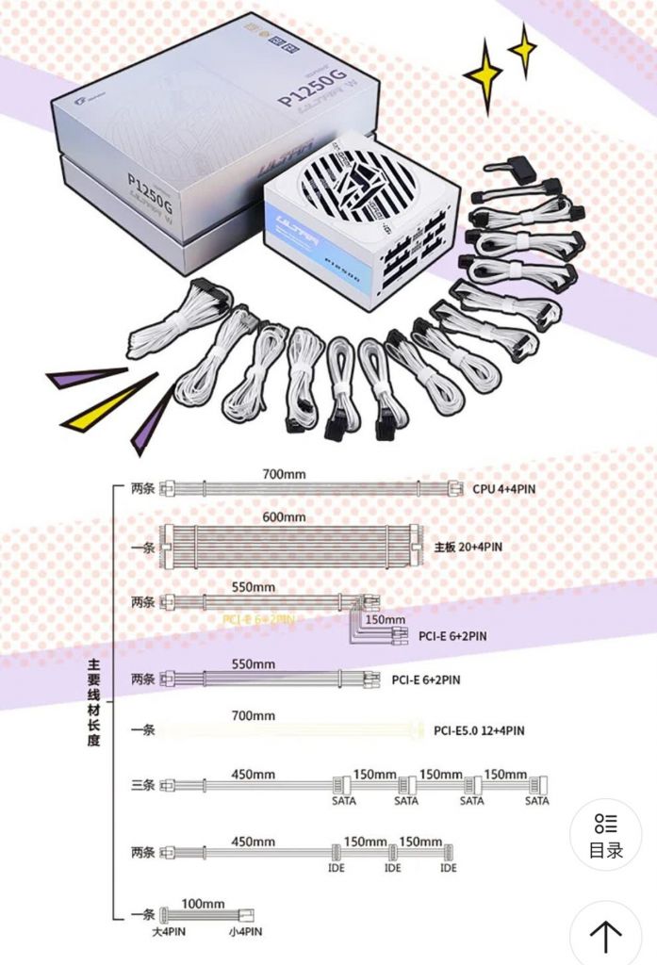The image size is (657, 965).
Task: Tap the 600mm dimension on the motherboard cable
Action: [284, 517]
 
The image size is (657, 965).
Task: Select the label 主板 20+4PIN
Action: [468, 547]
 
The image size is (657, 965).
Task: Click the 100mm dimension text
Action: [203, 904]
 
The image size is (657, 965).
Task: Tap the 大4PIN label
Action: [171, 932]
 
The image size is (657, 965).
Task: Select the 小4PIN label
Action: [244, 932]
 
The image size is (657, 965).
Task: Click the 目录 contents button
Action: [606, 835]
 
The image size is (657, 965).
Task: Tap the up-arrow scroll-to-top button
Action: [605, 937]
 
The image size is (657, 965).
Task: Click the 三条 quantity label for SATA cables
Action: [142, 785]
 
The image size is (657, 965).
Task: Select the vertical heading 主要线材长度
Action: [94, 702]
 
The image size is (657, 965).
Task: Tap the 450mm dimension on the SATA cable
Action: [254, 775]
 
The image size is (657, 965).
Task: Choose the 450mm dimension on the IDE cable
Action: [254, 842]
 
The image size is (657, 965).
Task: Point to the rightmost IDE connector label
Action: [449, 867]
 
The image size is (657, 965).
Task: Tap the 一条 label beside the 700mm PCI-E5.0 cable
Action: [142, 729]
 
